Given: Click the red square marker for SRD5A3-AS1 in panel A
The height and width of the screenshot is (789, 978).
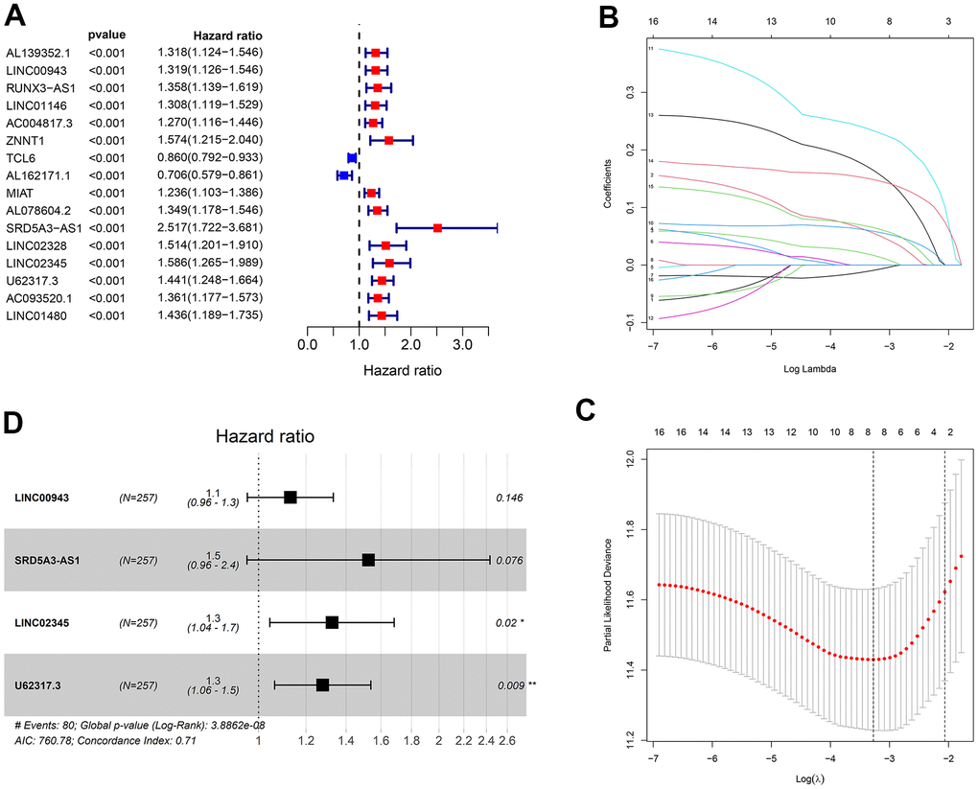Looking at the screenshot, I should (437, 228).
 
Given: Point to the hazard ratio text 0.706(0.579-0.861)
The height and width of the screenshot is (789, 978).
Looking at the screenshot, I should (210, 175).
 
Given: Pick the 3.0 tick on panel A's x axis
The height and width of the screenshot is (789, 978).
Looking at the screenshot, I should (462, 343).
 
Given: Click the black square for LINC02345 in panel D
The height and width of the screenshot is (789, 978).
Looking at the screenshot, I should (332, 622).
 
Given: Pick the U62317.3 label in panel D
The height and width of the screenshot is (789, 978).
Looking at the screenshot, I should (39, 685).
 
